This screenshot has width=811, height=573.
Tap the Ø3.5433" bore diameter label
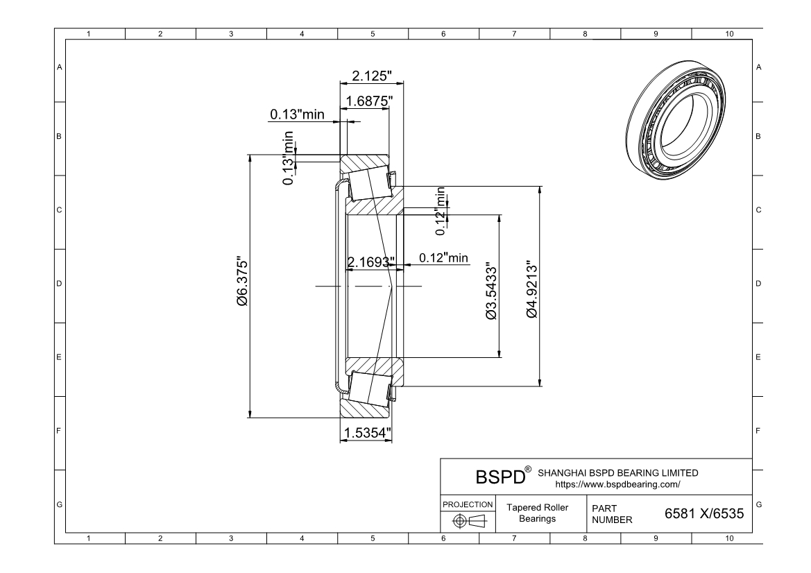pos(492,291)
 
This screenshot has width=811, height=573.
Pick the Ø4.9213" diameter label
pos(532,289)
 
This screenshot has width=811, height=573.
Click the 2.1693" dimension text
pos(370,262)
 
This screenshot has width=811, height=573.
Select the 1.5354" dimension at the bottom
pos(366,433)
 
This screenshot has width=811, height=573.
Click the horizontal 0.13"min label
pos(297,114)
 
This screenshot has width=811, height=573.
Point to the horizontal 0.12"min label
pos(443,258)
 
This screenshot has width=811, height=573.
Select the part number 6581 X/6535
pos(703,514)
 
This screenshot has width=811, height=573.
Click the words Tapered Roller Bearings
pos(537,513)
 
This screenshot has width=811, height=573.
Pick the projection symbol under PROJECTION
pos(468,520)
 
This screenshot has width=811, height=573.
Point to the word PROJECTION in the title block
pos(468,504)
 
